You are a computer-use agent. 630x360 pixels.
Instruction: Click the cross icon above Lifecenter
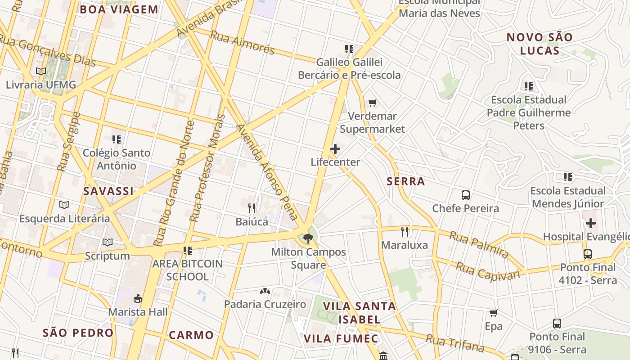click(335, 149)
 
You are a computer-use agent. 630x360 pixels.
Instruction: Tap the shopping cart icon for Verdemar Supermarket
click(372, 103)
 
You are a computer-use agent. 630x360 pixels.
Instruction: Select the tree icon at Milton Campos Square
click(308, 238)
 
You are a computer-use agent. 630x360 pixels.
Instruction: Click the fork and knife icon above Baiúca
click(252, 208)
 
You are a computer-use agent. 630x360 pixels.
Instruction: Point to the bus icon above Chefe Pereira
click(466, 195)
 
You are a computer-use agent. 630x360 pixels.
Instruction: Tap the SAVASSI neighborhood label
click(108, 191)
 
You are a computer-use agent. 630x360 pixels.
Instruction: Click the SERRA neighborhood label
click(405, 181)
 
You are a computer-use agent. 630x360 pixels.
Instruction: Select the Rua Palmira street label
click(479, 245)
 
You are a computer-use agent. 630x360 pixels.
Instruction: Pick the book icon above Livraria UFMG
click(41, 71)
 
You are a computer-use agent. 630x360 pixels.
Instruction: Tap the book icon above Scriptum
click(108, 243)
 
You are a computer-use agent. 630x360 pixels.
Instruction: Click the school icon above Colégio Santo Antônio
click(117, 139)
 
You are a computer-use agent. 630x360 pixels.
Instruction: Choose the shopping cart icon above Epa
click(494, 313)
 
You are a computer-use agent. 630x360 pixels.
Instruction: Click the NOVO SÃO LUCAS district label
click(540, 44)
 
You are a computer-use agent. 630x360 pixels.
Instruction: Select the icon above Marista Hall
click(138, 298)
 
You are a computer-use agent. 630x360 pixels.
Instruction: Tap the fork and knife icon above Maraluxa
click(405, 232)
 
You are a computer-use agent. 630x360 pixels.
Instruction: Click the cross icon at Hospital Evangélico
click(591, 223)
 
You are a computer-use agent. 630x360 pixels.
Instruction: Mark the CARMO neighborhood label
click(191, 335)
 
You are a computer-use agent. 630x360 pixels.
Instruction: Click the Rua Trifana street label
click(455, 344)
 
